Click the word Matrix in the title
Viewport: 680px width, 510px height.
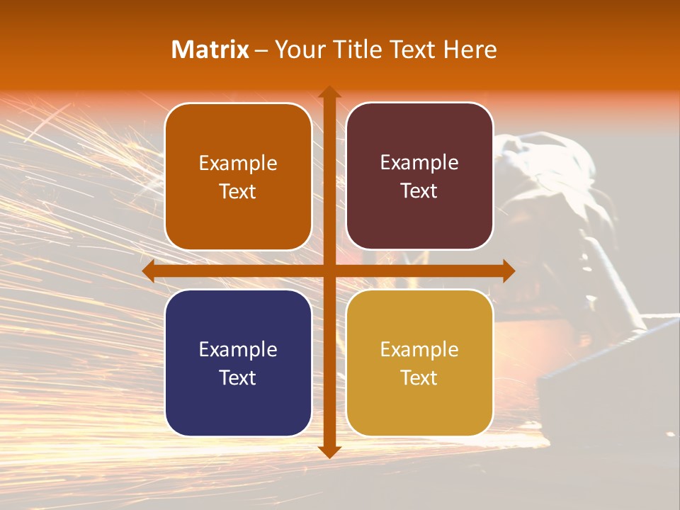[210, 50]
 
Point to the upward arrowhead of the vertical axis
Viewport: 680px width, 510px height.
[329, 92]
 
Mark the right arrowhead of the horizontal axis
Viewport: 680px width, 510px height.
[508, 271]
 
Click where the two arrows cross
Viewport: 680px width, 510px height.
[329, 271]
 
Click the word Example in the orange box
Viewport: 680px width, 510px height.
[238, 164]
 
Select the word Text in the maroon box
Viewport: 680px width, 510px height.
[419, 191]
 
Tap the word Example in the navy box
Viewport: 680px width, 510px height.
[238, 350]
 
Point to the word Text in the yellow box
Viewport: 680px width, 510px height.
[419, 378]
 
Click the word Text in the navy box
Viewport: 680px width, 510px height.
[238, 378]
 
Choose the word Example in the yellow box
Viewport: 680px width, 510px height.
[419, 350]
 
